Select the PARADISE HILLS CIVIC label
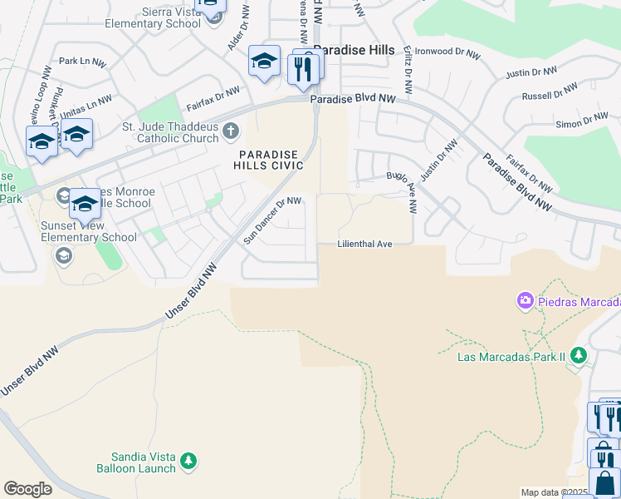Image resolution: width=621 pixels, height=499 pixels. pos(271,160)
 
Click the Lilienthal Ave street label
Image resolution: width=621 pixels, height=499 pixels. pos(364,245)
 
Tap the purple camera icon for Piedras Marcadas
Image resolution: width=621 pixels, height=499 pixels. pos(525,299)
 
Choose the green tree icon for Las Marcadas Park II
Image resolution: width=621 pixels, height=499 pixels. pos(578,356)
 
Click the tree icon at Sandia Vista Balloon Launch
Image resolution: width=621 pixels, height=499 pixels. pos(188,460)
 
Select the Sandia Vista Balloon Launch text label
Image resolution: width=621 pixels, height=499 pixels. pos(144,462)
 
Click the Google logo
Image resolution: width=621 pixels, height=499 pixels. pos(27,489)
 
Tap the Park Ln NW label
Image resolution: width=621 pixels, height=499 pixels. pos(82,62)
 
